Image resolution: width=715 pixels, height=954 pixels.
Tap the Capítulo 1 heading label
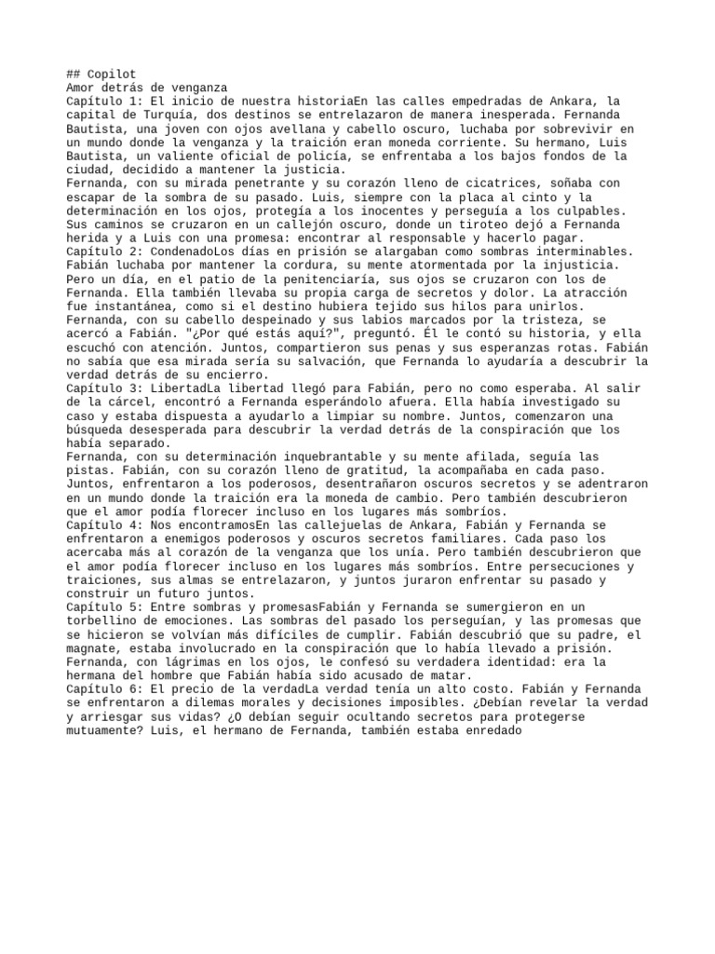[x=105, y=101]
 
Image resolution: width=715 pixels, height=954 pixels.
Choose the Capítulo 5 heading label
[x=105, y=606]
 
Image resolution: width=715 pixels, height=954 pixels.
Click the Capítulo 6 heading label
[x=105, y=688]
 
